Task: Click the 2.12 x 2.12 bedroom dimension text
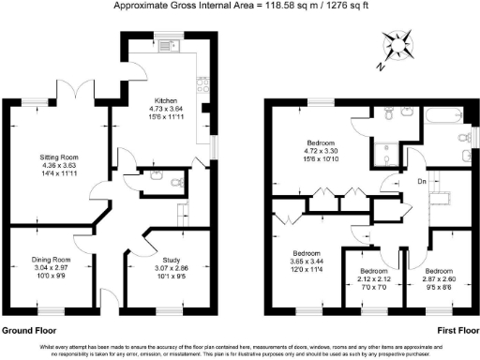point(375,279)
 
